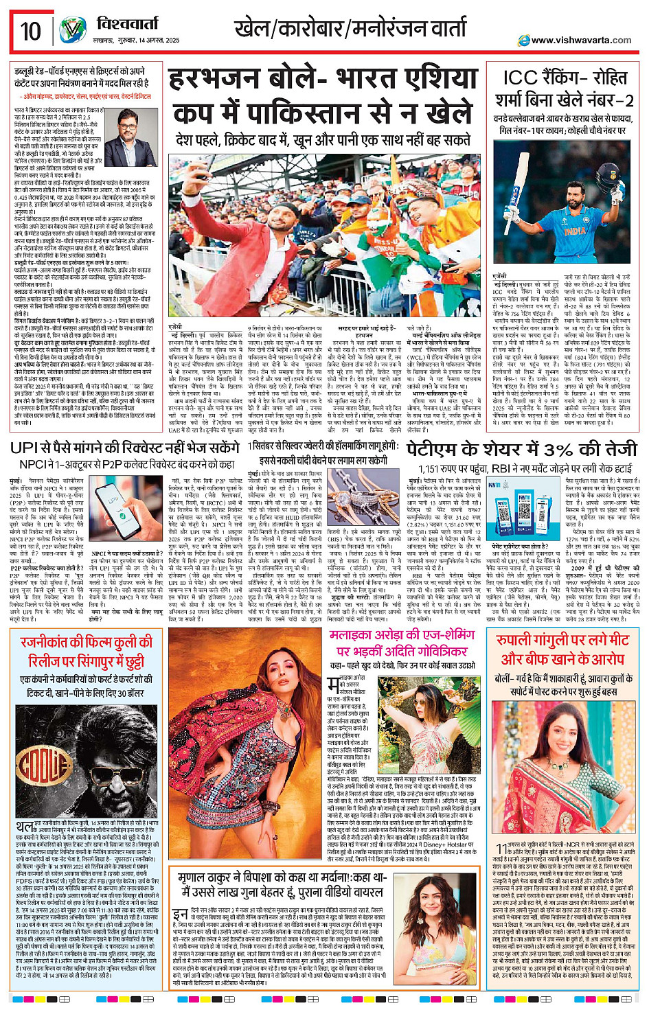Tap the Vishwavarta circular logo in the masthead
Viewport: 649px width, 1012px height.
pyautogui.click(x=72, y=31)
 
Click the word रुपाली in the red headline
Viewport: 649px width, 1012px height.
pyautogui.click(x=519, y=640)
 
